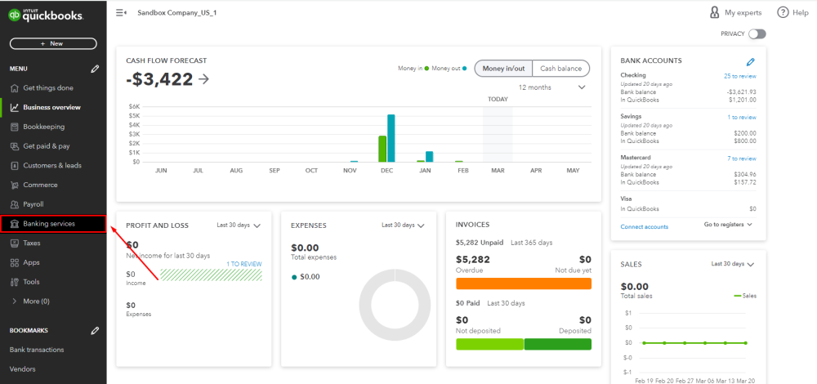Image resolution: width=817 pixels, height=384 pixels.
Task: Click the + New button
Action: click(x=53, y=43)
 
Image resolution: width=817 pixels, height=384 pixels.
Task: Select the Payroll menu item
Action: click(x=33, y=204)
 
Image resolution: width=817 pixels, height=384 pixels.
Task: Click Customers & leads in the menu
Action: click(x=51, y=165)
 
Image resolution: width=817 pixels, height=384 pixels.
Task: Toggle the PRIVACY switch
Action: click(x=757, y=33)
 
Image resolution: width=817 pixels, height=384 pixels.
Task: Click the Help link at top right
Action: click(x=792, y=13)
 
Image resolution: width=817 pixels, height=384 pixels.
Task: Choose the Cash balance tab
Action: click(x=560, y=69)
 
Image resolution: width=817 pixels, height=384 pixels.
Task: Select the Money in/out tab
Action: click(x=504, y=69)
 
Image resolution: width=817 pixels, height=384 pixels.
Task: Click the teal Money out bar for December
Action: click(x=391, y=138)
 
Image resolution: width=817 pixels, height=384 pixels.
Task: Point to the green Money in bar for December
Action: click(x=382, y=149)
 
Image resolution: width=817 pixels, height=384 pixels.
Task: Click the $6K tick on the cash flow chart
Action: click(x=135, y=106)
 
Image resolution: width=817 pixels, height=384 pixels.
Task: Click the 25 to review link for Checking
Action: click(x=739, y=75)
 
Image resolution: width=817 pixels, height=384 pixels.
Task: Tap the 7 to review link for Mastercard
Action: click(x=741, y=159)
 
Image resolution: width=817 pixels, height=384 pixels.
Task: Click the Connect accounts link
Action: click(x=644, y=226)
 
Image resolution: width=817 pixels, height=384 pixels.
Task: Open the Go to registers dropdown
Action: click(x=728, y=224)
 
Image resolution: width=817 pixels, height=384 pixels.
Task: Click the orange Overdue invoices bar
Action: click(x=523, y=284)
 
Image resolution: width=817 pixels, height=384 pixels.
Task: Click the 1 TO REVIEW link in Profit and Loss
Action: click(x=244, y=264)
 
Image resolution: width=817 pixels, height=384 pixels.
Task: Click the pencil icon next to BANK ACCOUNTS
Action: click(x=751, y=61)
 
